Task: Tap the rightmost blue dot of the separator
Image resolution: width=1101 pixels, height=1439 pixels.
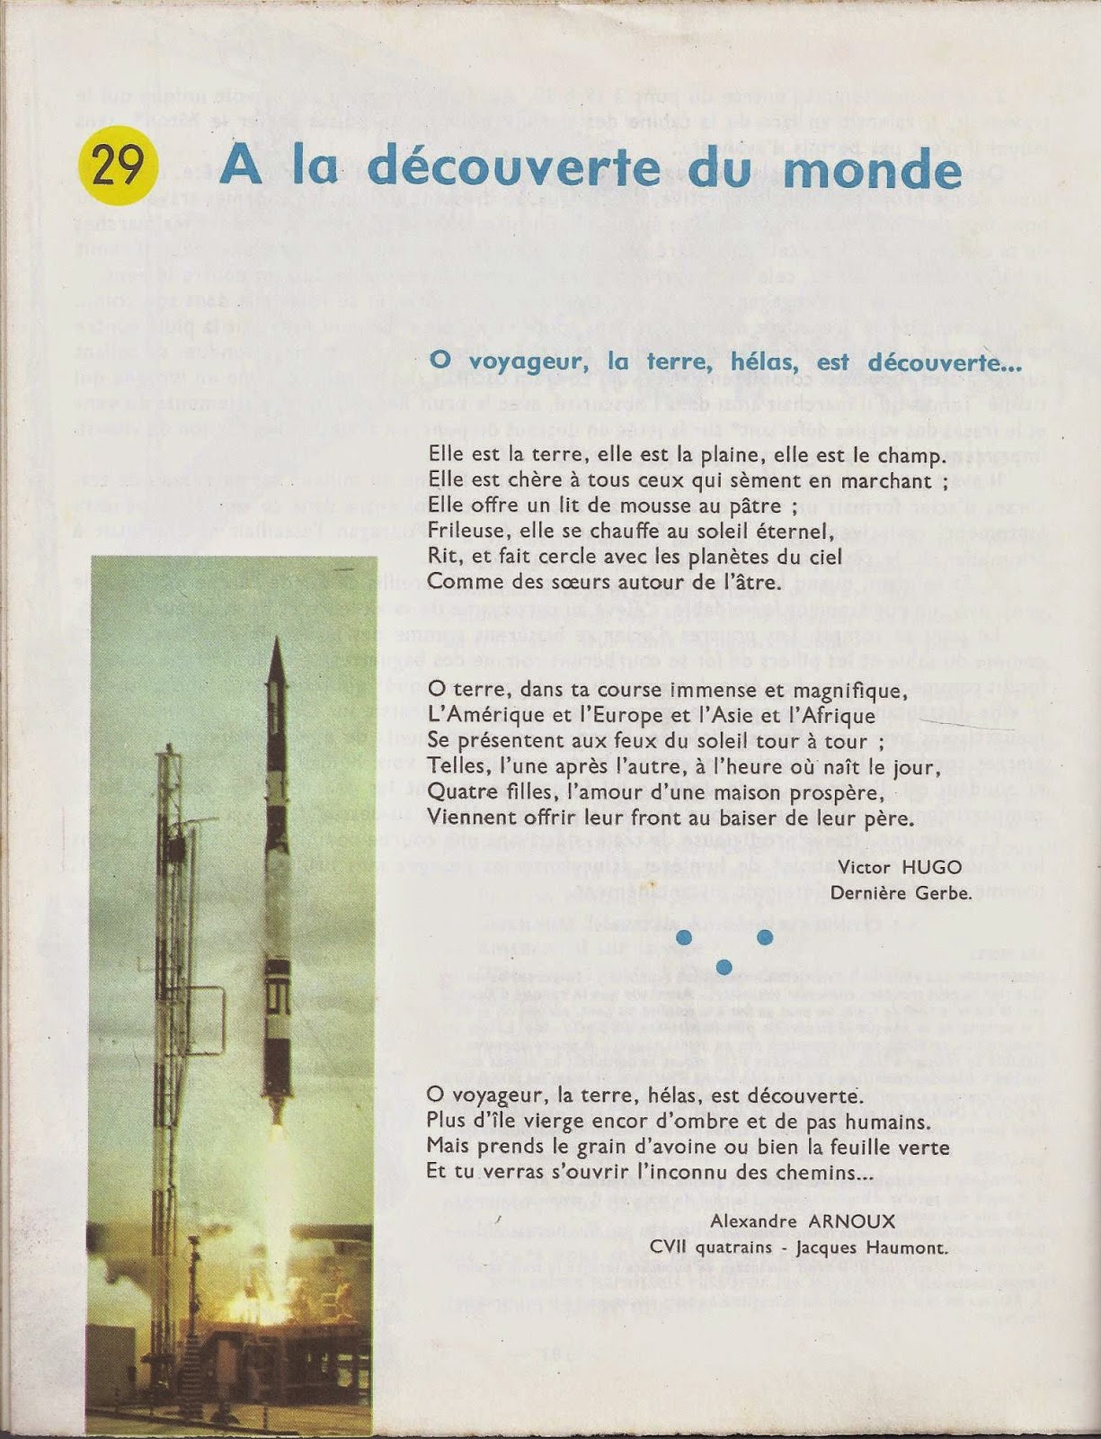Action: (765, 937)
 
